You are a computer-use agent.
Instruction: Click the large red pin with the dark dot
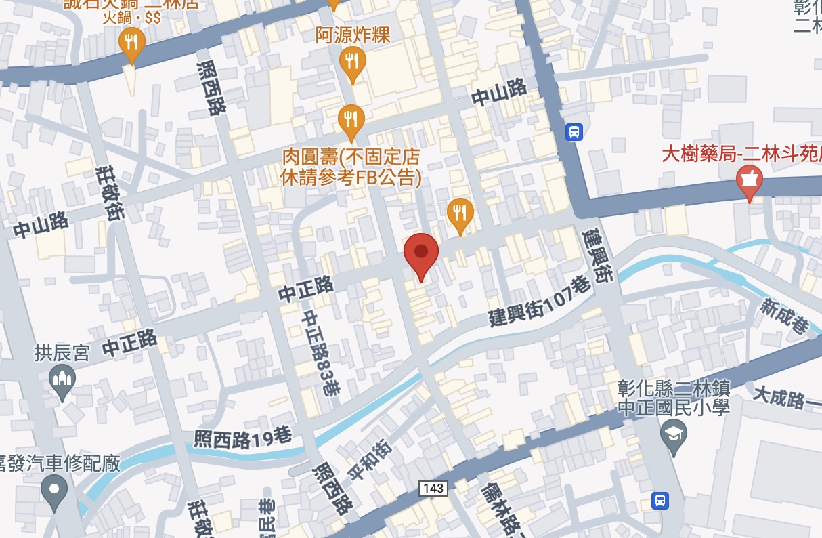[421, 254]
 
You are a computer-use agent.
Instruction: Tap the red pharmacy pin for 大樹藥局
[749, 181]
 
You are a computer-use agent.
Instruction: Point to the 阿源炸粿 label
[353, 35]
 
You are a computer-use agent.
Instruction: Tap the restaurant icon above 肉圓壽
[351, 120]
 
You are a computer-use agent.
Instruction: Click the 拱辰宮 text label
[62, 353]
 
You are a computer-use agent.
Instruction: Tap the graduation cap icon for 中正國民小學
[673, 432]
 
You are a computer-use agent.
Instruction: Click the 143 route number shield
[433, 489]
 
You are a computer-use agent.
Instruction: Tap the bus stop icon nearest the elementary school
[659, 500]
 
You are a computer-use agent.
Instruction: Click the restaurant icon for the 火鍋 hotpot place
[131, 43]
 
